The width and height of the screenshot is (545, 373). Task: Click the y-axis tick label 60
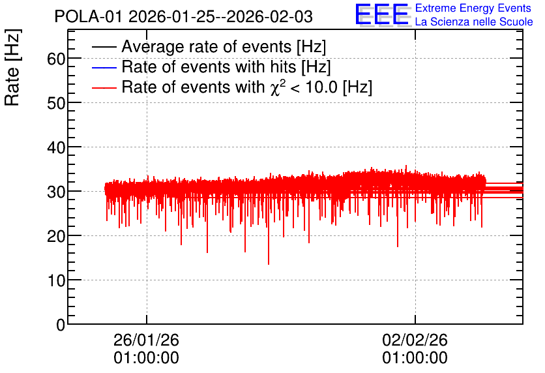pos(56,59)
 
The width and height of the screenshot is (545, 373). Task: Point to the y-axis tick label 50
pos(56,103)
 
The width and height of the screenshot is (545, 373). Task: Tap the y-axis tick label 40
pos(56,148)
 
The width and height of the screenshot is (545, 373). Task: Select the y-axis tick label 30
pos(56,192)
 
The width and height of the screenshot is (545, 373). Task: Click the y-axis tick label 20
pos(56,236)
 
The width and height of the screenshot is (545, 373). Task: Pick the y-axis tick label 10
pos(56,280)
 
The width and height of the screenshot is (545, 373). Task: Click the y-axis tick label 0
pos(61,325)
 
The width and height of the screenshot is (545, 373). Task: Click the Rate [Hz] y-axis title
pos(12,67)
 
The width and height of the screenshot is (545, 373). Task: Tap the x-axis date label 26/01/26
pos(146,340)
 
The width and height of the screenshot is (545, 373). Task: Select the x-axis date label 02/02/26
pos(415,340)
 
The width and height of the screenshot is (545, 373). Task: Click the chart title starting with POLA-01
pos(184,16)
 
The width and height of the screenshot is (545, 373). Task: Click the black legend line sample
pos(104,47)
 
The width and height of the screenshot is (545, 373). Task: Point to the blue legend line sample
pos(104,67)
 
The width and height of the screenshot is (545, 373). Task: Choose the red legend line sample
pos(104,87)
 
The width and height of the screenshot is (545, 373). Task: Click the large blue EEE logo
pos(381,14)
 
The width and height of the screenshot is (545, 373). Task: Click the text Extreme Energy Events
pos(473,8)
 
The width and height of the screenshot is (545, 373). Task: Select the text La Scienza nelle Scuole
pos(474,22)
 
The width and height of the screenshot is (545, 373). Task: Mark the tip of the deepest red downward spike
pos(269,264)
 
